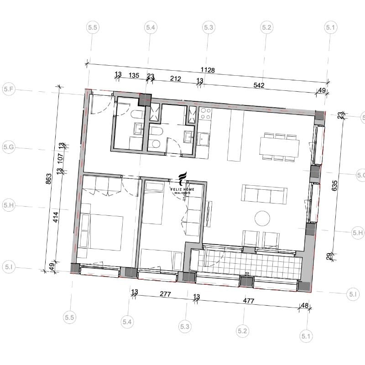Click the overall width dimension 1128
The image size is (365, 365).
pos(208,70)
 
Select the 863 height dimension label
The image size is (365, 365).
pos(49,179)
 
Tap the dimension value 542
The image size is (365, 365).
pos(259,85)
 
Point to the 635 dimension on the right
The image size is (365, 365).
pos(334,186)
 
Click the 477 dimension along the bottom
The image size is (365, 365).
pos(248,301)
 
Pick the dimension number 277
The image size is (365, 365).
pos(165,294)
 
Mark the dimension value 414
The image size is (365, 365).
pos(56,217)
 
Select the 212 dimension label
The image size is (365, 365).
pos(175,78)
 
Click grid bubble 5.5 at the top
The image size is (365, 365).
pos(93,27)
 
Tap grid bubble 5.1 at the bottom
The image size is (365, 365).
pos(306,336)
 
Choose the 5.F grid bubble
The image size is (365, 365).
pos(9,89)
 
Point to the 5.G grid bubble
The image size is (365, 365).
pos(9,147)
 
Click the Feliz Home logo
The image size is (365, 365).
pos(182,184)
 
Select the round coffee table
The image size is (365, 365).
pos(262,219)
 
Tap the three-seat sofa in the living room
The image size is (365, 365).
pos(264,194)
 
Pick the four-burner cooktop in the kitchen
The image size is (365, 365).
pos(206,114)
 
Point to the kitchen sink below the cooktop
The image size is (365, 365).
pos(203,139)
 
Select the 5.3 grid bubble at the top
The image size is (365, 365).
pos(209,27)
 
